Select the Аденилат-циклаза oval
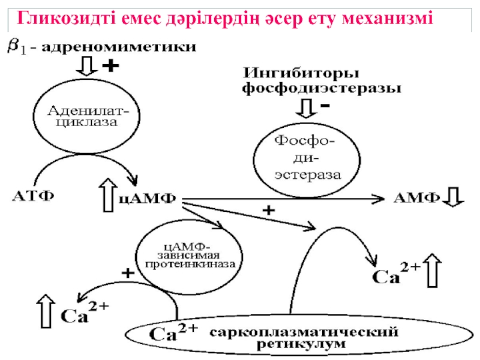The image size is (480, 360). [83, 115]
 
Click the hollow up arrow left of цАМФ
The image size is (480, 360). [109, 196]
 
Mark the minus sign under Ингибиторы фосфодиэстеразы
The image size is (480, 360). [325, 106]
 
